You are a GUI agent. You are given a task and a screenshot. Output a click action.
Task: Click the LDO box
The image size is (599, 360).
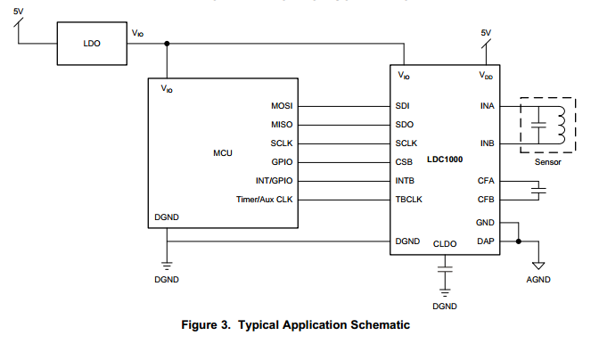click(x=92, y=43)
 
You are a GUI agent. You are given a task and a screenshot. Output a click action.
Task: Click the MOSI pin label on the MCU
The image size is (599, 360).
click(x=282, y=106)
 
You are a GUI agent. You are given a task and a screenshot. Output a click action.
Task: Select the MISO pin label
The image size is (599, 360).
click(x=282, y=125)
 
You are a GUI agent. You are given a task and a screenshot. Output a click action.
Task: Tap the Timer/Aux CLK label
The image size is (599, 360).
click(x=264, y=200)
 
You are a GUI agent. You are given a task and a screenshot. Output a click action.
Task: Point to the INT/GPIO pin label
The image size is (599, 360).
click(x=274, y=181)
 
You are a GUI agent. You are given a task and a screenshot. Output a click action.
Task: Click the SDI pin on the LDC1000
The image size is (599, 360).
click(x=403, y=106)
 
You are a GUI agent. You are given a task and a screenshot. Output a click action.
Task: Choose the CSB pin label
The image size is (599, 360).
click(x=404, y=162)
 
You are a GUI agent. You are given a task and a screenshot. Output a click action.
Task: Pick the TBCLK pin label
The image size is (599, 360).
click(x=408, y=200)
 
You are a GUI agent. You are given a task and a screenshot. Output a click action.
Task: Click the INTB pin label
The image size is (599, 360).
click(x=405, y=181)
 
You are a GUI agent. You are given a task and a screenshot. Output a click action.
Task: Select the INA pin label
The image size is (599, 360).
click(x=487, y=106)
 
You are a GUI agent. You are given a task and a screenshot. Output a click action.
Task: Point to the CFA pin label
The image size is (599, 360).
click(x=486, y=181)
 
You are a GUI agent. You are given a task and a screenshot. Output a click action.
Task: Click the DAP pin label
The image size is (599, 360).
click(x=486, y=241)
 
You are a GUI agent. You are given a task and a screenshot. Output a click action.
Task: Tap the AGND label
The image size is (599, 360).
click(x=538, y=280)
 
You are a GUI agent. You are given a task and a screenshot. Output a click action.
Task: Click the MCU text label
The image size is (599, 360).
click(x=223, y=153)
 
